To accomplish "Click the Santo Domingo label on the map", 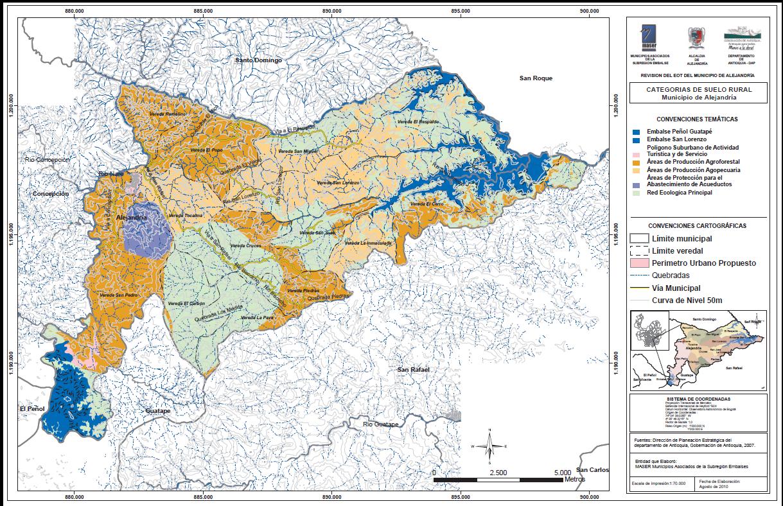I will click(x=258, y=60).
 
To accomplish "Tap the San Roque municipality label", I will click(x=536, y=78).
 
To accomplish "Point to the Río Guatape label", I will click(x=380, y=424).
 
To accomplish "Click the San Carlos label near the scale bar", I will click(x=592, y=470).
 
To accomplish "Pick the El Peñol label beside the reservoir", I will click(x=31, y=408).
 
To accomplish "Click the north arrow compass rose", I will click(x=489, y=444).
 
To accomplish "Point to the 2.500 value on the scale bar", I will click(x=498, y=472).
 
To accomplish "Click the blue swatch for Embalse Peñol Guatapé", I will click(x=636, y=132).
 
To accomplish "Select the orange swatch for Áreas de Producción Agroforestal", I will click(x=636, y=162).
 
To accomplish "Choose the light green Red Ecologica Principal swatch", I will click(x=636, y=192).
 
